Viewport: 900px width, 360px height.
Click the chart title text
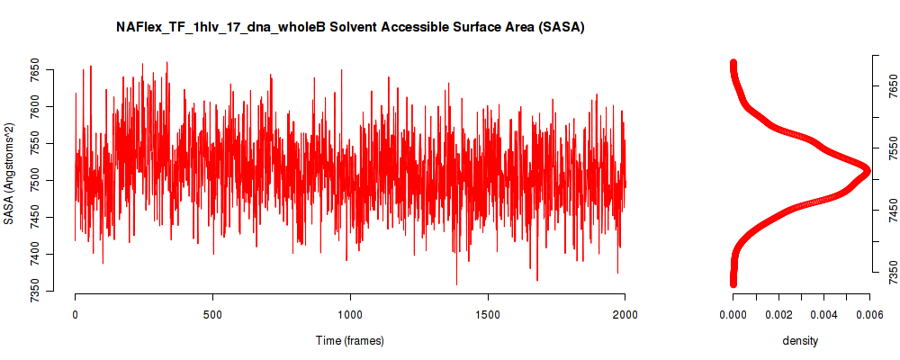(350, 27)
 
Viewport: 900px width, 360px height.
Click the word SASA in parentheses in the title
(566, 27)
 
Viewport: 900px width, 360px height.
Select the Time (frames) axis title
(349, 340)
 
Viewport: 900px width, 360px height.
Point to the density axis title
(800, 341)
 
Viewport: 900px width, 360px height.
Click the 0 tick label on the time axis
(76, 315)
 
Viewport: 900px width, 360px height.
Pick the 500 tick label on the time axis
(212, 315)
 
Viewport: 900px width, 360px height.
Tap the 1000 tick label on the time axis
(349, 315)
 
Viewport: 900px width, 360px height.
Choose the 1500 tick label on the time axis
(487, 315)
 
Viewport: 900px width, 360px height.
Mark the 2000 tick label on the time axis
(625, 315)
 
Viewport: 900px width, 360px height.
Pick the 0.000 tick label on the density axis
(733, 315)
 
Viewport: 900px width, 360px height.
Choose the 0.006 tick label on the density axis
(869, 315)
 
